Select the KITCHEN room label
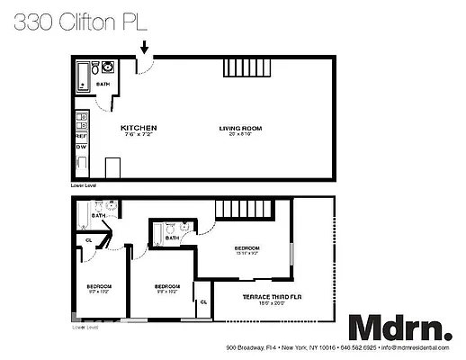(x=139, y=128)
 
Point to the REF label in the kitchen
(x=80, y=136)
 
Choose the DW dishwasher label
(x=80, y=147)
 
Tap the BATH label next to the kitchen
(x=103, y=83)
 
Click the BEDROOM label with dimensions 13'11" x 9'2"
(x=247, y=248)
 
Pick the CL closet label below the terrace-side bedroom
(x=203, y=301)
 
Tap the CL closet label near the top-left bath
(x=88, y=240)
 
